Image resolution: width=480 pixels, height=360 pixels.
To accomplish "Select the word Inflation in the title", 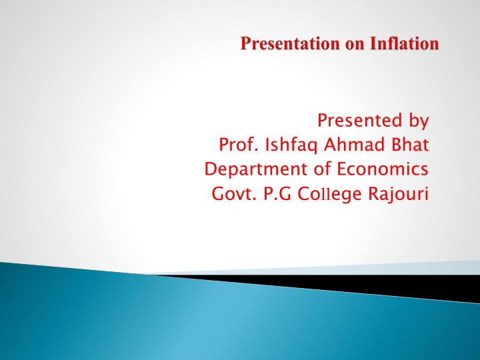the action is click(405, 43).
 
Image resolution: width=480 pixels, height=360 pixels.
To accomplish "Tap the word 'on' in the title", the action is click(355, 45).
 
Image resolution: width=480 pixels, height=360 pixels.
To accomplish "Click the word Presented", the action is click(360, 120).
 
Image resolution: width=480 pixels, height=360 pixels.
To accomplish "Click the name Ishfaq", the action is click(291, 146).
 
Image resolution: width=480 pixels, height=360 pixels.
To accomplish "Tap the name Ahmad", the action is click(354, 145).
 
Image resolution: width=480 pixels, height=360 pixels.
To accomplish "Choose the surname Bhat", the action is click(410, 145).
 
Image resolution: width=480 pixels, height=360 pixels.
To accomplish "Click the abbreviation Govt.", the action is click(234, 194).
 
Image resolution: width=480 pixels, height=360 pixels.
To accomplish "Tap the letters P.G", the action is click(277, 194).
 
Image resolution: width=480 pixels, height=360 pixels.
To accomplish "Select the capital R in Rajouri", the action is click(374, 194).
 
